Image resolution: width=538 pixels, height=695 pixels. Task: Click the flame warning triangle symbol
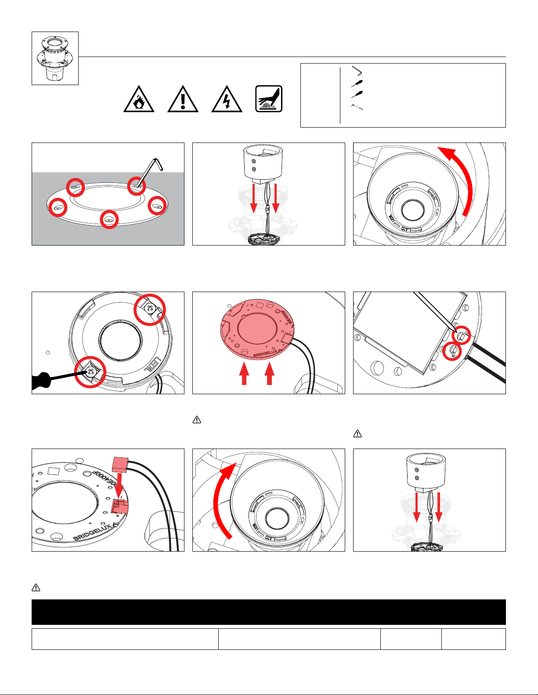tap(139, 100)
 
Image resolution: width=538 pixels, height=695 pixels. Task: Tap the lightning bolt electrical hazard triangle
tap(227, 100)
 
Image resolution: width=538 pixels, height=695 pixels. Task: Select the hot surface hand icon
tap(269, 99)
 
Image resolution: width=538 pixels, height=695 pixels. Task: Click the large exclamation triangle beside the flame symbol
tap(183, 100)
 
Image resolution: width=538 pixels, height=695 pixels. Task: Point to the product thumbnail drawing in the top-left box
tap(55, 58)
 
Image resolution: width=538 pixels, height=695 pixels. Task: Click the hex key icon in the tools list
tap(357, 70)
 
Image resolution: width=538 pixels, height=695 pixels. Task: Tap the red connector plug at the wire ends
tap(120, 463)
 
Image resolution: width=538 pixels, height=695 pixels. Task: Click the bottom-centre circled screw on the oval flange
tap(109, 219)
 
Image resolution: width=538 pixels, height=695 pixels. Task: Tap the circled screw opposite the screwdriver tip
tap(150, 309)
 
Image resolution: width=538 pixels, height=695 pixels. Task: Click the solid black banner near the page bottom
tap(268, 612)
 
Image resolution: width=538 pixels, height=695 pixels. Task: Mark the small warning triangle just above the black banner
tap(36, 588)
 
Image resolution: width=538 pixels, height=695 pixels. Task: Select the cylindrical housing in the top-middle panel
tap(263, 163)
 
